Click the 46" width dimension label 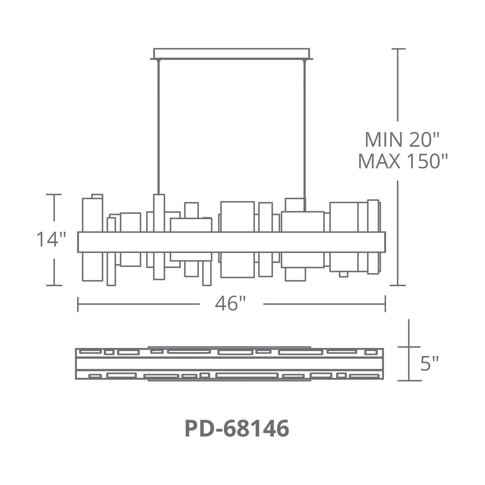click(230, 304)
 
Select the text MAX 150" click(403, 161)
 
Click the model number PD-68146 click(237, 429)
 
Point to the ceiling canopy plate click(231, 54)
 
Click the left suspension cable click(159, 127)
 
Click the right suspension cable click(305, 136)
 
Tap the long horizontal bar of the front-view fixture click(231, 242)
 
